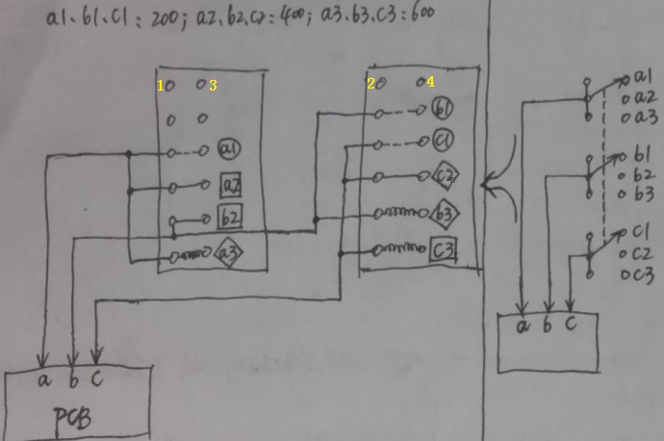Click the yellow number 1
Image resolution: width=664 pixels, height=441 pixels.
[x=162, y=86]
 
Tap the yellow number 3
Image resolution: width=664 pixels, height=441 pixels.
[x=213, y=86]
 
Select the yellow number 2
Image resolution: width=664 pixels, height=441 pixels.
[x=370, y=84]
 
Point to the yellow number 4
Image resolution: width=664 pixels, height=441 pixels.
[x=430, y=83]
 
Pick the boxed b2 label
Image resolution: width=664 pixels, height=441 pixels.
[x=230, y=215]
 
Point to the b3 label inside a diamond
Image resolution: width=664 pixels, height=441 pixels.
[x=444, y=211]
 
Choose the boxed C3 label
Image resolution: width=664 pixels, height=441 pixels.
[x=443, y=250]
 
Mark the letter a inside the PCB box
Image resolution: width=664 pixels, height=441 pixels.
[x=44, y=379]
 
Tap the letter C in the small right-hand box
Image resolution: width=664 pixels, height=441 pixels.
[x=572, y=325]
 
